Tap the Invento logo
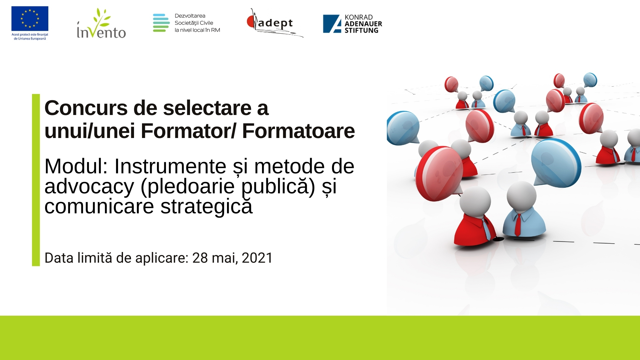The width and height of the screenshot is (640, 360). (x=101, y=23)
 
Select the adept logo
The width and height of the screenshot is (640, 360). (x=275, y=23)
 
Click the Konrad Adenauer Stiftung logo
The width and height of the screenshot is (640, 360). (x=352, y=24)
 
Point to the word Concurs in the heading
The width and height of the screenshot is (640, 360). (x=86, y=108)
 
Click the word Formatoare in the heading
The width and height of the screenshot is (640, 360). (x=298, y=131)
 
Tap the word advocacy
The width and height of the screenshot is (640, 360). (x=89, y=187)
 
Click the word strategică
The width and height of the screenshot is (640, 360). (x=206, y=206)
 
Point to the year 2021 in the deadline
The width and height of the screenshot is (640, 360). (x=257, y=258)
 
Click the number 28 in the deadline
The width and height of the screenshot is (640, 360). (x=200, y=258)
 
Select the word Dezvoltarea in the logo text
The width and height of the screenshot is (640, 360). (x=190, y=16)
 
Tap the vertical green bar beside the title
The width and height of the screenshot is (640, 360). (x=36, y=180)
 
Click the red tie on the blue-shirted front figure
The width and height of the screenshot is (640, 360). (x=518, y=225)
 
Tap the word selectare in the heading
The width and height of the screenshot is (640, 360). (x=207, y=108)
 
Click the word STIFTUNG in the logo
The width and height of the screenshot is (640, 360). (x=361, y=30)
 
